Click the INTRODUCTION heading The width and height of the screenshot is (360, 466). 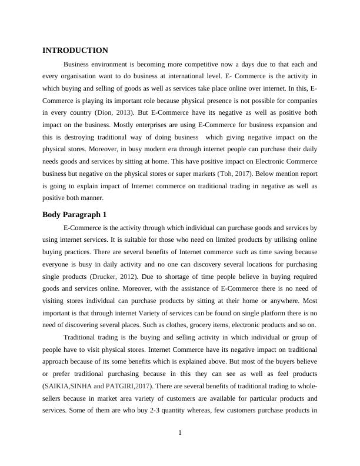click(75, 51)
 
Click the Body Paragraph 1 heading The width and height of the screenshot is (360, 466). click(74, 214)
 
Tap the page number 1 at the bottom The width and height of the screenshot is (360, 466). click(180, 434)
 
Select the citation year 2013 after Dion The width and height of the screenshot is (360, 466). click(125, 112)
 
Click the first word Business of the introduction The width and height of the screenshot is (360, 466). click(77, 64)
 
